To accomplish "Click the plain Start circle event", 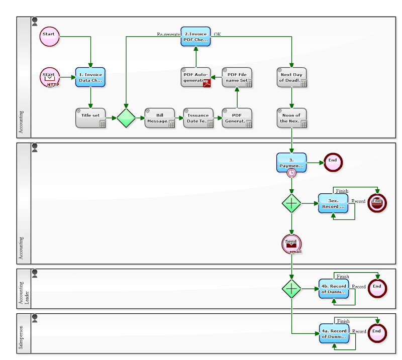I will (49, 36).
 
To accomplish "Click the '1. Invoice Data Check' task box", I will (90, 77).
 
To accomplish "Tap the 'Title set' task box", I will (90, 117).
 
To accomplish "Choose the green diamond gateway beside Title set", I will (126, 118).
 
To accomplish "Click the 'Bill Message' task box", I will (160, 117).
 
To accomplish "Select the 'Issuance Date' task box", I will (198, 117).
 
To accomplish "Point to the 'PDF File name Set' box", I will (237, 77).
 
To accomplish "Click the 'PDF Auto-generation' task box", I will (195, 77).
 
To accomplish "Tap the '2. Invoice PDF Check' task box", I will (195, 37).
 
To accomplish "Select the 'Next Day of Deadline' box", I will (291, 77).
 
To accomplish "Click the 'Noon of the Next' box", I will (291, 117).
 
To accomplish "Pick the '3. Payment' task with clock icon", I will (291, 162).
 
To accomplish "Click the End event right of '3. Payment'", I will (332, 162).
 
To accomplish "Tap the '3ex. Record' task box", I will (333, 203).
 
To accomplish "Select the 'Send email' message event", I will (291, 243).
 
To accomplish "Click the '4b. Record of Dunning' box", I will (334, 289).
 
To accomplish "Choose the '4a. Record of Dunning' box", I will (334, 333).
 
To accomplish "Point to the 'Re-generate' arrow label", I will (168, 35).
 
